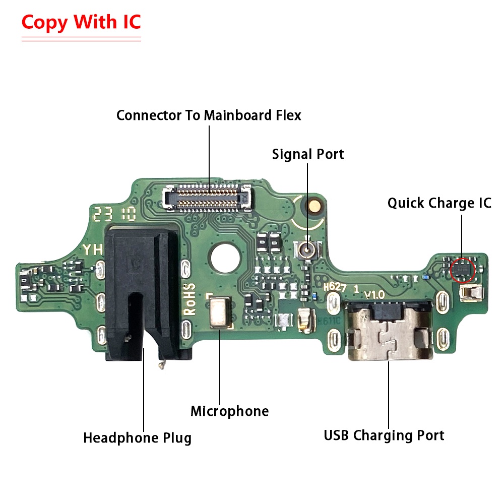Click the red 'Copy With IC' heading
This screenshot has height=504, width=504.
(x=81, y=22)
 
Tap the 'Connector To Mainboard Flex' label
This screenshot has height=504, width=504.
(x=209, y=115)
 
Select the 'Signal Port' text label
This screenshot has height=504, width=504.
(x=308, y=154)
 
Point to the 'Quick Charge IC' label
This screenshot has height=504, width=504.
(x=439, y=203)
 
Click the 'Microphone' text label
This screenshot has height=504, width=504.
(x=229, y=411)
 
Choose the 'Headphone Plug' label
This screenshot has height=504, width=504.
(x=137, y=437)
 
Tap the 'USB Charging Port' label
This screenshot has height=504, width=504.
(x=384, y=434)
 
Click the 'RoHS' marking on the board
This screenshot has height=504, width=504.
(x=189, y=298)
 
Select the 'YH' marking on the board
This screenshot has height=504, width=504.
(x=93, y=249)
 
